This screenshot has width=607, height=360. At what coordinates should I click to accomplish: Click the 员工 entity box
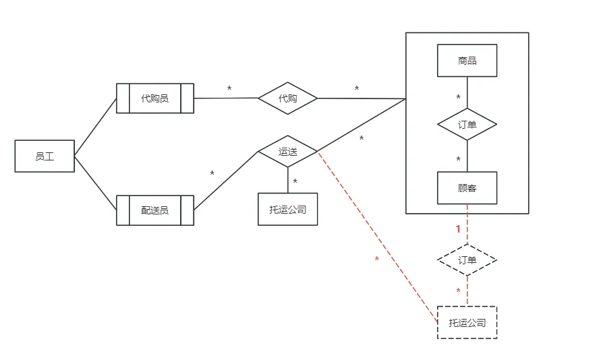pos(45,156)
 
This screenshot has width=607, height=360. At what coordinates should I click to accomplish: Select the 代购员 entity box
pos(154,98)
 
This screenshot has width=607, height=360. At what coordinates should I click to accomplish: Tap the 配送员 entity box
pos(154,210)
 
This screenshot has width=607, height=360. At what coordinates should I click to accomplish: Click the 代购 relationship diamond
pos(288,98)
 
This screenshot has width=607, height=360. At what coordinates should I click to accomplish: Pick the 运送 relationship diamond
pos(288,152)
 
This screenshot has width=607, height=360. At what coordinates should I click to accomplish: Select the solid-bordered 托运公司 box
pos(288,209)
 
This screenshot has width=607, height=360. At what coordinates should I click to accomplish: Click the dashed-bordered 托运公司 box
pos(467,322)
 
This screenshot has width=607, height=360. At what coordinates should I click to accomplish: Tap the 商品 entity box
pos(467,61)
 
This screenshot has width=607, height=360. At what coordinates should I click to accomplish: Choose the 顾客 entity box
pos(467,188)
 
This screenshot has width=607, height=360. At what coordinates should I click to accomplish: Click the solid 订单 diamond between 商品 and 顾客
pos(467,125)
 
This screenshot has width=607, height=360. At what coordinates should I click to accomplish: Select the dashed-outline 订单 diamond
pos(467,260)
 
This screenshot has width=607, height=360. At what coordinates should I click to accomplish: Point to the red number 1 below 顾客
pos(459,229)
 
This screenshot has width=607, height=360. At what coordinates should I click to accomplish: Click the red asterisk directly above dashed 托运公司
pos(459,291)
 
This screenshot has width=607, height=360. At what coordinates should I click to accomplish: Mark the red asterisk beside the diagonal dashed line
pos(376,260)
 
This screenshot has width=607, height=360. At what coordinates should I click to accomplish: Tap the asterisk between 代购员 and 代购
pos(229,89)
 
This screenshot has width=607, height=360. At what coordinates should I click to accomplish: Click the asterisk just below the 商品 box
pos(459,98)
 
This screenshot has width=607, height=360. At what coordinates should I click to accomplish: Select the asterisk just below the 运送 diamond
pos(295,182)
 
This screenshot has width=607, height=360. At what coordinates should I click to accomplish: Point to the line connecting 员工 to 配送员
pos(95,183)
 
